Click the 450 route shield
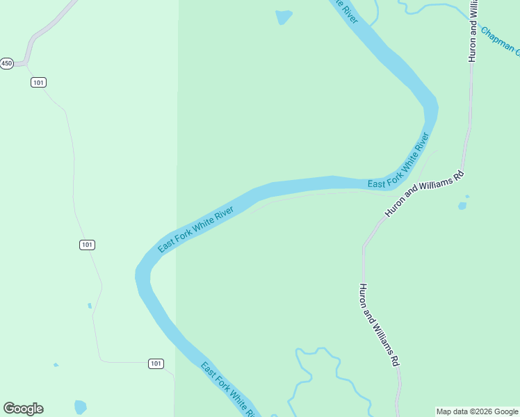click(7, 63)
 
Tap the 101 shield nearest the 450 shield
click(38, 82)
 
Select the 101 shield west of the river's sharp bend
click(87, 245)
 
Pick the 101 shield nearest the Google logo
click(156, 363)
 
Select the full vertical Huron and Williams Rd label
click(380, 325)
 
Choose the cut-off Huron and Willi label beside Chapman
click(473, 31)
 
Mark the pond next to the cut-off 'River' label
click(284, 17)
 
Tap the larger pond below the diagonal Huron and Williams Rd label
click(462, 206)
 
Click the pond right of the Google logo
click(81, 407)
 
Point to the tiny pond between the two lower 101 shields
click(90, 305)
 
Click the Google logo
click(24, 409)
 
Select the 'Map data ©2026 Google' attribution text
click(477, 411)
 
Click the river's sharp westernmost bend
click(142, 275)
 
